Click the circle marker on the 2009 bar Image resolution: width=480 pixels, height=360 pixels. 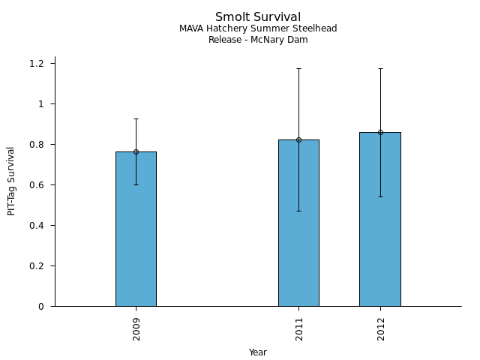point(136,151)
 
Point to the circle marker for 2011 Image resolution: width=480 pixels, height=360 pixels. point(298,139)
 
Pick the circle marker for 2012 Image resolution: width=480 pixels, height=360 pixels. point(380,132)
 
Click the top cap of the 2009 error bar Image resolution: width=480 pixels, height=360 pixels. point(136,118)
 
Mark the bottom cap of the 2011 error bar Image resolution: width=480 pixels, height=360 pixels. point(298,211)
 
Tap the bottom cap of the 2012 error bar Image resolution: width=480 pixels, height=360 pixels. point(380,196)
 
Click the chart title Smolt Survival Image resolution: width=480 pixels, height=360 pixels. point(258,17)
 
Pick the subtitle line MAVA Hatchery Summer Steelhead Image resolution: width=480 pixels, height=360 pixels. point(258,28)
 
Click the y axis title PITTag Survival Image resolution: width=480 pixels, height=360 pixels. point(12,181)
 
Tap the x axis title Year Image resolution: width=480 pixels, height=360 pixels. point(258,352)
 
